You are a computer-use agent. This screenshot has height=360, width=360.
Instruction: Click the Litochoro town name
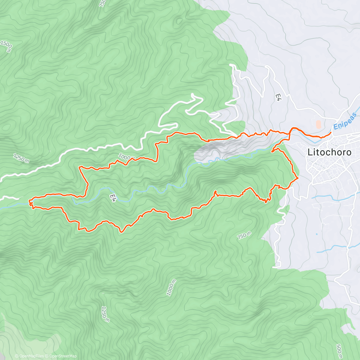329,152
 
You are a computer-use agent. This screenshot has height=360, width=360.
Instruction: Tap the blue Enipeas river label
345,121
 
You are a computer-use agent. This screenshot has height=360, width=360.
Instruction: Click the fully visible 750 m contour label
244,235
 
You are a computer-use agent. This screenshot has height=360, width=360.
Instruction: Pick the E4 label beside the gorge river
112,198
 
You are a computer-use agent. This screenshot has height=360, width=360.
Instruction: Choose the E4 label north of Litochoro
277,97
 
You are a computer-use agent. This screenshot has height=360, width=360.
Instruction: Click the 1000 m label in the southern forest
171,287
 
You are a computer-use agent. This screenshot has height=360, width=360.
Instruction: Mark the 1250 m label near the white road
21,158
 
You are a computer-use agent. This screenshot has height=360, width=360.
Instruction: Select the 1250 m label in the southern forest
105,314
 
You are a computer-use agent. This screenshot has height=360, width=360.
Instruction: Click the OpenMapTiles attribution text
29,356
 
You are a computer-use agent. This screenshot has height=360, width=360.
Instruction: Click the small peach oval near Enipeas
318,124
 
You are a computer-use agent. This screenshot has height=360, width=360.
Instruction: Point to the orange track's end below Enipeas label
331,132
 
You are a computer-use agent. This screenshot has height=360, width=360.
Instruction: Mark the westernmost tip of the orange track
29,201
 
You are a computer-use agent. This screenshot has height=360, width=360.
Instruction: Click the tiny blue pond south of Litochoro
316,234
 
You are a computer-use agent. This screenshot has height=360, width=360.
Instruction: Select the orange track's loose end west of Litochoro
272,152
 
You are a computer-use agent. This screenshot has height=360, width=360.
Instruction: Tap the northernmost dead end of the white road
230,64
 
